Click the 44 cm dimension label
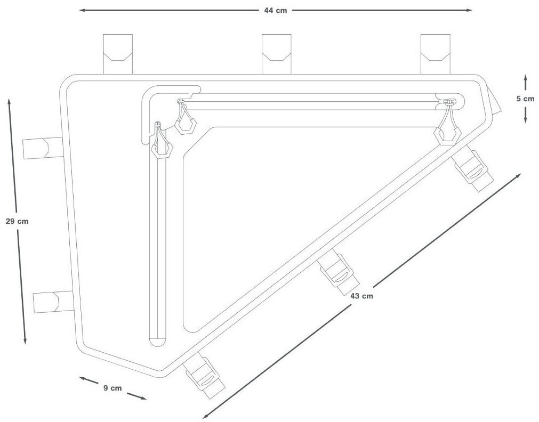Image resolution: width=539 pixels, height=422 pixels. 275,10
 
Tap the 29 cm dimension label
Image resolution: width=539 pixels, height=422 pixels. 17,222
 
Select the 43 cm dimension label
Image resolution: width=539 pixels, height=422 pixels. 362,296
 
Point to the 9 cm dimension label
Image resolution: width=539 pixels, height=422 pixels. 112,388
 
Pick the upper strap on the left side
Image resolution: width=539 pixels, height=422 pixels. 42,148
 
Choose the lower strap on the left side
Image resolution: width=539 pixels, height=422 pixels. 52,302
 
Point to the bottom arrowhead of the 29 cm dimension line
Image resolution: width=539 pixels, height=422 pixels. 25,342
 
